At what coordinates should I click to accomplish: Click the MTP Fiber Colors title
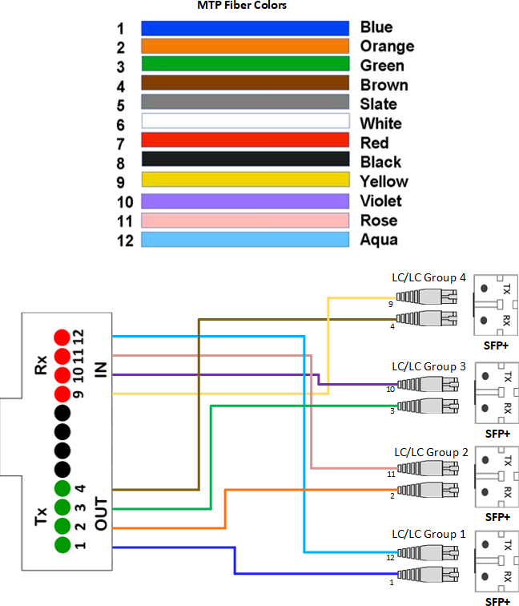242,5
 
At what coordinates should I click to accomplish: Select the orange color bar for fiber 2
245,46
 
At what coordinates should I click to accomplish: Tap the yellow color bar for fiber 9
245,180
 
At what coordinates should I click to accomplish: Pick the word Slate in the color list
378,104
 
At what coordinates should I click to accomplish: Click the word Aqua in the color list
379,240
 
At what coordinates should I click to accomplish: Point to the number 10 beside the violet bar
125,202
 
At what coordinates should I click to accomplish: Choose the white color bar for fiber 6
245,121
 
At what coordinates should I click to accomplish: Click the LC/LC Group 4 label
428,278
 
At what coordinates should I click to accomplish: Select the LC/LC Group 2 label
431,453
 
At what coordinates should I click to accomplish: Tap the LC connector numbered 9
426,297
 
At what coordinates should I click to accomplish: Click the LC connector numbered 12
428,553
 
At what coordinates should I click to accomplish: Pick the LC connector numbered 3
428,406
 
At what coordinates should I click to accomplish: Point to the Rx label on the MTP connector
41,366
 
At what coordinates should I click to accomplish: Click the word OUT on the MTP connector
101,514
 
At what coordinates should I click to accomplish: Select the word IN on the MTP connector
101,370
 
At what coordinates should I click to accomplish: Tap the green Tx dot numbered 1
62,545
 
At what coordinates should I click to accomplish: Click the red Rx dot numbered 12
62,337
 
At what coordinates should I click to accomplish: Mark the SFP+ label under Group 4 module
496,345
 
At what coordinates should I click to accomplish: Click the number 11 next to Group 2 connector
391,474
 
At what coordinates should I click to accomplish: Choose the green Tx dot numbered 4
62,488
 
